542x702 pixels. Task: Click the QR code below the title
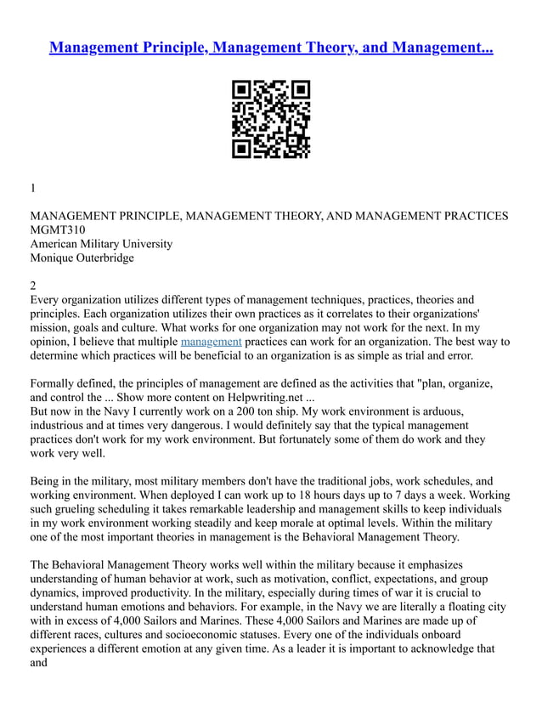point(271,120)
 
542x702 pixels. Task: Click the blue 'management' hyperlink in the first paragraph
point(211,342)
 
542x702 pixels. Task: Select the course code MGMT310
point(58,229)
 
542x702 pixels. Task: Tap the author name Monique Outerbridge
point(82,258)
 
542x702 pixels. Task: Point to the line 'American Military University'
point(101,244)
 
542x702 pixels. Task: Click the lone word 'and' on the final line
point(39,663)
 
